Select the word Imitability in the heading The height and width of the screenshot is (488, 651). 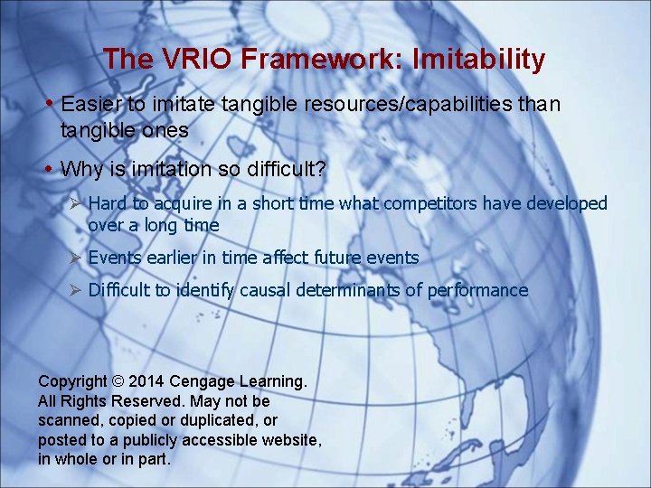[478, 60]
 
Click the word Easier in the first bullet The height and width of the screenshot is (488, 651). [90, 105]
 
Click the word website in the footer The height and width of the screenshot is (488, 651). [288, 440]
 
